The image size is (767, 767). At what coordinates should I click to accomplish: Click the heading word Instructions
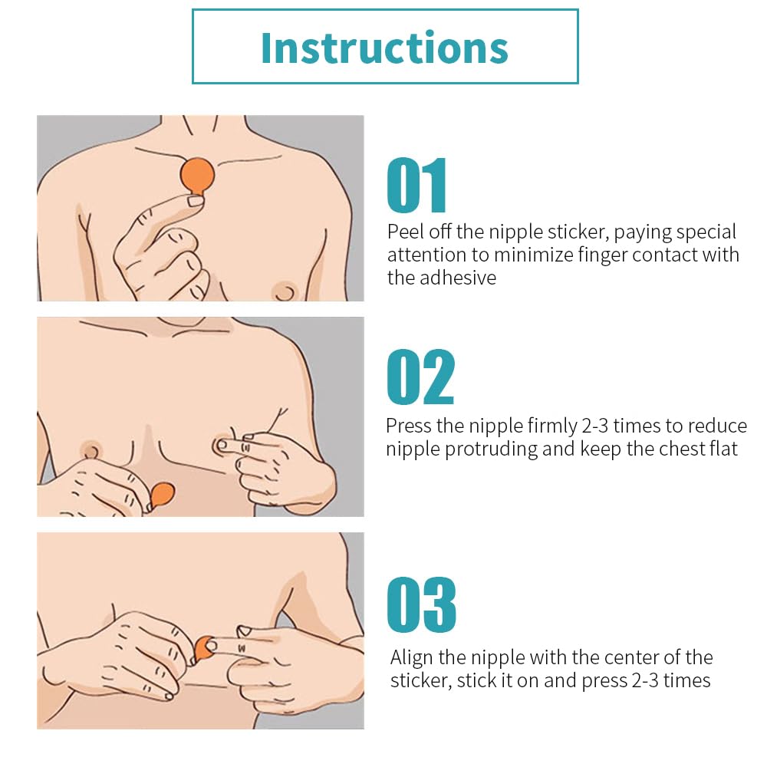coord(384,48)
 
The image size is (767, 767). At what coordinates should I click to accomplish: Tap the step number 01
coord(416,186)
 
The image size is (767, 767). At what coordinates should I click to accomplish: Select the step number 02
coord(420,377)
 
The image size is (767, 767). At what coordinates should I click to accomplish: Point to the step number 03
coord(421,604)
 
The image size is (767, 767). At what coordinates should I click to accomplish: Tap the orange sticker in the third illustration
coord(205,649)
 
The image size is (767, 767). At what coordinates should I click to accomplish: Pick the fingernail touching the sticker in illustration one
coord(196,201)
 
